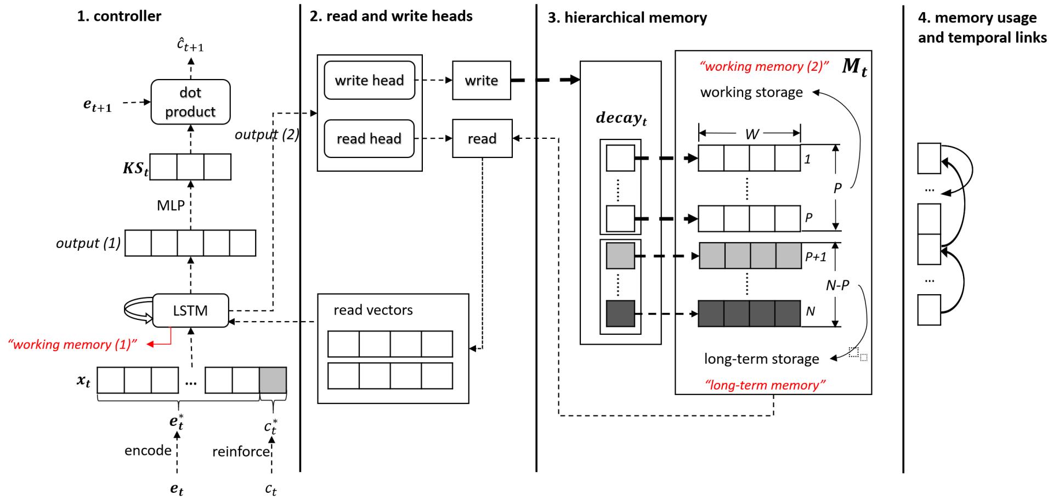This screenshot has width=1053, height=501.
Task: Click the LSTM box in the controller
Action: point(190,311)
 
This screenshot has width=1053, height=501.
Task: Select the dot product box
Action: point(190,102)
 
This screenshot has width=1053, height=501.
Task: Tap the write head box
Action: point(369,81)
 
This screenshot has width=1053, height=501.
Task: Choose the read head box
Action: point(369,139)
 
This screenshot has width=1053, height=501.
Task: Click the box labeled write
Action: point(481,81)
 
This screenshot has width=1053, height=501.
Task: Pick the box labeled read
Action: point(482,139)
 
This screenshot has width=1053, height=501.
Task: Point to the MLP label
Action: point(171,206)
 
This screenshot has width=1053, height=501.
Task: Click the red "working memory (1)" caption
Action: point(72,345)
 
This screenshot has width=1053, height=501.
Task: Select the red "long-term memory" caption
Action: point(765,385)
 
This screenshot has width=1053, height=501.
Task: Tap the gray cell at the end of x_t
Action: point(273,380)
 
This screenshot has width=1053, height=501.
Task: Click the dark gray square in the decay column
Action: point(620,314)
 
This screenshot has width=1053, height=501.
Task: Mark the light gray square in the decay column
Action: point(620,256)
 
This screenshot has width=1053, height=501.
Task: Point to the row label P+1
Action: point(816,257)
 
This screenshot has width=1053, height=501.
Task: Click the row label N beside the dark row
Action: point(810,312)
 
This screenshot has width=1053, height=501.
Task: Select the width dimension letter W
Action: point(752,134)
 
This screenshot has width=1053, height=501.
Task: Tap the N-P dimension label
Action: point(837,285)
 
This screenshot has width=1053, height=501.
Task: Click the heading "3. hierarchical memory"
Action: point(627,18)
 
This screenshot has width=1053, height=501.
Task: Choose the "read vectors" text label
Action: point(373,310)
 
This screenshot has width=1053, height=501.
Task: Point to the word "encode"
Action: point(148,451)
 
